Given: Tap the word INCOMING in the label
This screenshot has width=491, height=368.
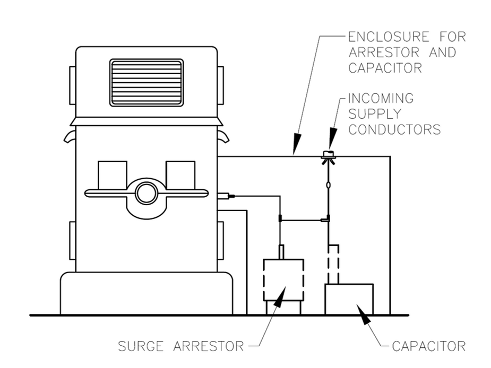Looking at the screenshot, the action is click(x=381, y=98).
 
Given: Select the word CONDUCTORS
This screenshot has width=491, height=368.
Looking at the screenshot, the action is click(x=394, y=129).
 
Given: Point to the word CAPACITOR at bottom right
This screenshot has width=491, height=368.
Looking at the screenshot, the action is click(x=429, y=346).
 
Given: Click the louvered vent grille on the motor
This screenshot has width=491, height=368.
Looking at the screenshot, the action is click(x=147, y=83).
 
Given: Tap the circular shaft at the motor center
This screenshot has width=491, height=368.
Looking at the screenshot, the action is click(x=147, y=193).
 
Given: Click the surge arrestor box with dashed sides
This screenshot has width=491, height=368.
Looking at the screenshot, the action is click(x=283, y=280).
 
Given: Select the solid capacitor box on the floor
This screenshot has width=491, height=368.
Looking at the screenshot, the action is click(x=349, y=299).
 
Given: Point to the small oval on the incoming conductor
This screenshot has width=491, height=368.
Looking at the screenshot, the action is click(x=328, y=185).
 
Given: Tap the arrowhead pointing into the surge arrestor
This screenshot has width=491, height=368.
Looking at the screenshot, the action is click(x=280, y=297).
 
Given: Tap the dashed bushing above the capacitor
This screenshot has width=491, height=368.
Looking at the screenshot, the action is click(x=333, y=264).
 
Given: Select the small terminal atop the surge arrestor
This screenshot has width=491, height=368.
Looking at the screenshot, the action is click(x=281, y=252).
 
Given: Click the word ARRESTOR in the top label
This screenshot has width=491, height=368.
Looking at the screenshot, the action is click(x=384, y=52).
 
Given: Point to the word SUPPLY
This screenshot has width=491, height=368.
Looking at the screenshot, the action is click(x=375, y=114).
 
